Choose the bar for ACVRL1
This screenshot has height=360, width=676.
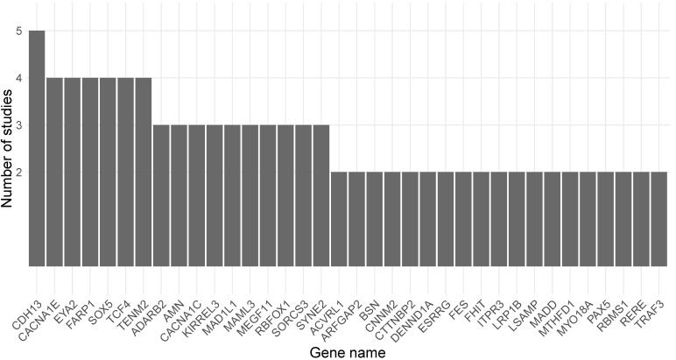(339, 218)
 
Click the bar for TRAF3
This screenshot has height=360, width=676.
(658, 218)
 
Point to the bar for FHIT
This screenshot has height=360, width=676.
(481, 218)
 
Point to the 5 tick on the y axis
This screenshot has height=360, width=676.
(18, 31)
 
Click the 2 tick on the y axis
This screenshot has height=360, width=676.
(18, 172)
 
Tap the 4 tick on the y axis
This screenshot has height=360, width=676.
(18, 78)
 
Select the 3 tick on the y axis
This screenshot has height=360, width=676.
(18, 125)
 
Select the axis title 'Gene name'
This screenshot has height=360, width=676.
(348, 351)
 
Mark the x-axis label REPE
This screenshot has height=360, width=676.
(636, 289)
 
